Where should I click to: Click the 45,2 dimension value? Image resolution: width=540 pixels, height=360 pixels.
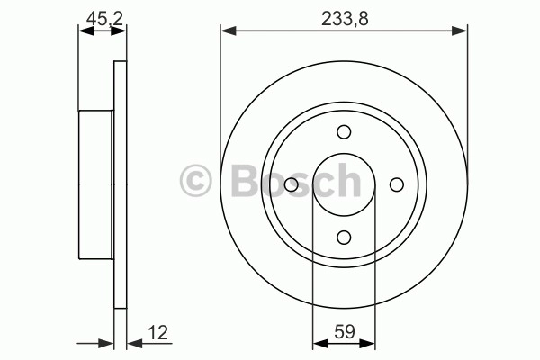pos(104,19)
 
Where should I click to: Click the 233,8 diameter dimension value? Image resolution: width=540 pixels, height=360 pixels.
pos(345,19)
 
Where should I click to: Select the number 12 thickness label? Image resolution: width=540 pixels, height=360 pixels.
pos(157,333)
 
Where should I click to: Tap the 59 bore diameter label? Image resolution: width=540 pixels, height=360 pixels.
pos(345,332)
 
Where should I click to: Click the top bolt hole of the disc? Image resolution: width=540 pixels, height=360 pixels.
pos(344,132)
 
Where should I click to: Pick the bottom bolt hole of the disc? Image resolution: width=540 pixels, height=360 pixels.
pos(344,238)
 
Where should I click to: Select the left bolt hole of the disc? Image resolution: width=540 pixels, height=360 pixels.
pos(292,184)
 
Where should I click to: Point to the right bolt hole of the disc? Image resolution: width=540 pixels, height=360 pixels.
pos(397,184)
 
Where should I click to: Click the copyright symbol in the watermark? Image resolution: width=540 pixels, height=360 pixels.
pos(195,181)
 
